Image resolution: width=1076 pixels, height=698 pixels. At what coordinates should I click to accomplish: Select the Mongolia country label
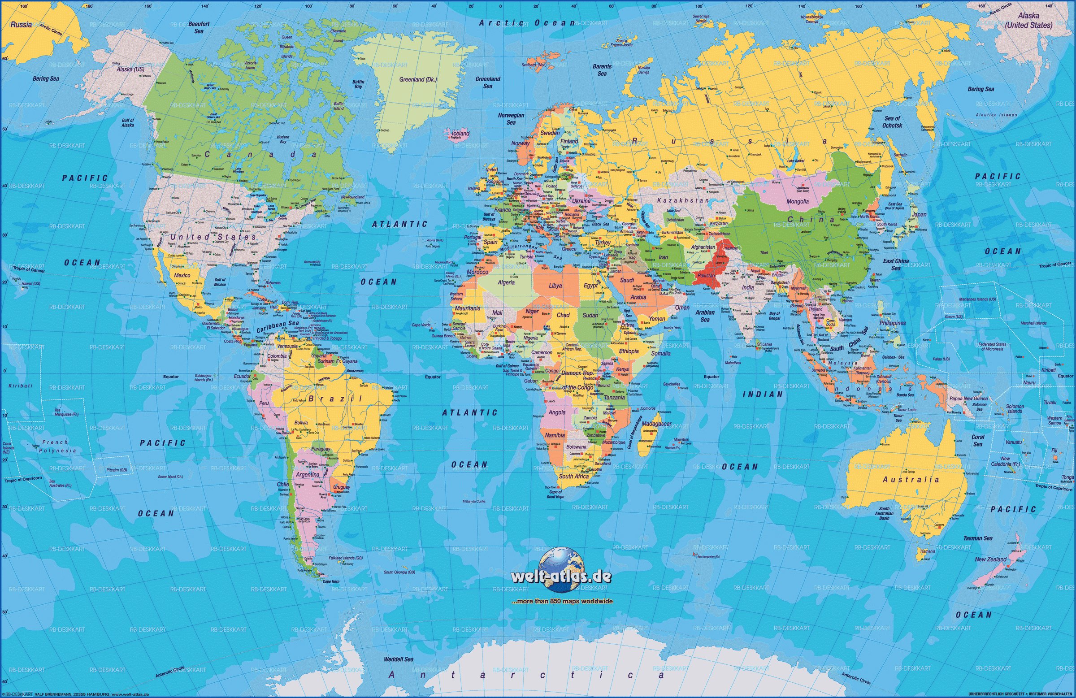tap(798, 201)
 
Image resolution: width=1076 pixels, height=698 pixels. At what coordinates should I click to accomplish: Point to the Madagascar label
tap(656, 424)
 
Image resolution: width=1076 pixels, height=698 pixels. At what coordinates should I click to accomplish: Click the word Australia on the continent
tap(911, 480)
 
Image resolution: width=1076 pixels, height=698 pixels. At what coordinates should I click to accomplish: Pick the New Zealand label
tap(990, 559)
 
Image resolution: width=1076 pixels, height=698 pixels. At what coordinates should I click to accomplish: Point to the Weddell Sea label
tap(398, 659)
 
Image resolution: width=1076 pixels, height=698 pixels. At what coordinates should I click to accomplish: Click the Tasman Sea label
tap(977, 538)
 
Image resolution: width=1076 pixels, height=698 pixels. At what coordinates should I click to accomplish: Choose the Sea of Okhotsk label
tap(892, 121)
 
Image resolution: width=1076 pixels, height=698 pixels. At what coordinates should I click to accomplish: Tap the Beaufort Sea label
tap(199, 28)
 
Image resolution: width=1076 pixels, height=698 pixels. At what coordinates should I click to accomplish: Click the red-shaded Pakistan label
tap(706, 275)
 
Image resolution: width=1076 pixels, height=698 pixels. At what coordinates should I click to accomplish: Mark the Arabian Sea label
tap(705, 316)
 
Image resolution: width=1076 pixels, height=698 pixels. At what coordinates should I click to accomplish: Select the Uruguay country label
tap(341, 487)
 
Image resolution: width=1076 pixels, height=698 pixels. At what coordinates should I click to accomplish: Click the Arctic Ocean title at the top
tap(527, 22)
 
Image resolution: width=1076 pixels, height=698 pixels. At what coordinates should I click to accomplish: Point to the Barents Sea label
tap(602, 69)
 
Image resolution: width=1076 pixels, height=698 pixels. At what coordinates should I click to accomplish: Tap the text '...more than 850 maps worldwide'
tap(561, 601)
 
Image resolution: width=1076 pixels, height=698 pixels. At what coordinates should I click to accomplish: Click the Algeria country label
tap(506, 282)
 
